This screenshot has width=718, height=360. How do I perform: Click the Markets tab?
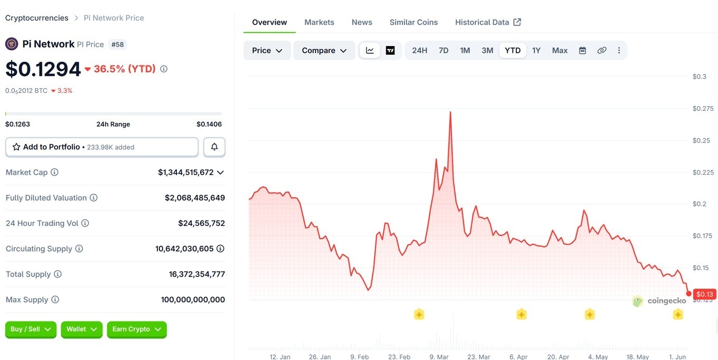point(319,22)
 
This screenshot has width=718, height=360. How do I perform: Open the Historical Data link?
point(488,22)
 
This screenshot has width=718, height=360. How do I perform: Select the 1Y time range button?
point(536,50)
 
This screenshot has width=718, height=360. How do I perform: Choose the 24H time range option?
point(420,50)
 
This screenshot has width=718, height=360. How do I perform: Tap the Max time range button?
point(560,50)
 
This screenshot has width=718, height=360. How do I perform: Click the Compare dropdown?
point(324,50)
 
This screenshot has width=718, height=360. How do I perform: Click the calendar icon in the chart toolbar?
point(582,50)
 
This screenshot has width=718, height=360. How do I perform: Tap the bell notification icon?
point(214,147)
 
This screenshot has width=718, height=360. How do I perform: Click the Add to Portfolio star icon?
point(16,147)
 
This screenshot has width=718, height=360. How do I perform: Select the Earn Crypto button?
point(137,329)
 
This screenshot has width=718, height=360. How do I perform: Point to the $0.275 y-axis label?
point(703,108)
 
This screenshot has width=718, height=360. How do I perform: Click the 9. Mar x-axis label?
point(439,356)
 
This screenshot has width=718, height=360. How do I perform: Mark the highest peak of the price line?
point(450,112)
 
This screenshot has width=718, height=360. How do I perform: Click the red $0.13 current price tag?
point(704,294)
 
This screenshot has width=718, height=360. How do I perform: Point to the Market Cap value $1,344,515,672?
point(186,172)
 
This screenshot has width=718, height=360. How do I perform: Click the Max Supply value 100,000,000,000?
point(193,299)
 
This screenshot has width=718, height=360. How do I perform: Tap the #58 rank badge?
point(118,44)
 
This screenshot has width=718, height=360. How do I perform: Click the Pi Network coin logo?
point(12,44)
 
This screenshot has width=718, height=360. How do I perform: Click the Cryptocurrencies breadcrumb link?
point(37,18)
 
